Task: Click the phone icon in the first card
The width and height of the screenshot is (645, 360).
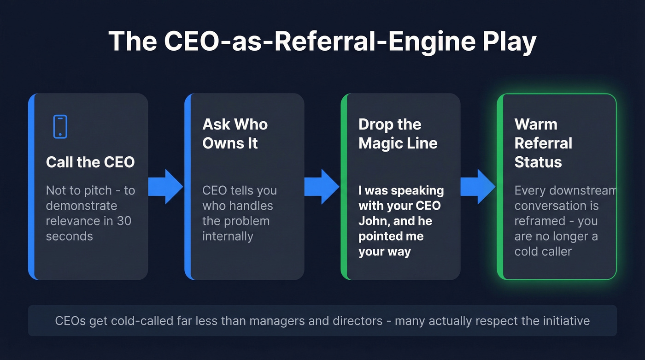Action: [60, 127]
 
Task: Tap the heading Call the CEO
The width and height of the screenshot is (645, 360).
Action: [90, 162]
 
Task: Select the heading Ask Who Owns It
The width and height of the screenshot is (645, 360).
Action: [235, 134]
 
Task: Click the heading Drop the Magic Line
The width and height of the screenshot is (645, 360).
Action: [398, 134]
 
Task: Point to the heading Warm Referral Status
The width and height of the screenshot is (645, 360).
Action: [543, 143]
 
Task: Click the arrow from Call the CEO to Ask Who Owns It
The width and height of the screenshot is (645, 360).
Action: [166, 187]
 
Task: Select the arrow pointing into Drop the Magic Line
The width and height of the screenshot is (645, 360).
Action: [322, 187]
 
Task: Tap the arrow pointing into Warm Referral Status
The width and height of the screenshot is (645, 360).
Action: [478, 187]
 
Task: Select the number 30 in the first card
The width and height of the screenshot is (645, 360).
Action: [123, 221]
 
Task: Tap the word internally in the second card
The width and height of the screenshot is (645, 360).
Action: [228, 236]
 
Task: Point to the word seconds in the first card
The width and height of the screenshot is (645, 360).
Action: [69, 236]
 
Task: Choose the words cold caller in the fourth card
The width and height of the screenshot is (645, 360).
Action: [543, 251]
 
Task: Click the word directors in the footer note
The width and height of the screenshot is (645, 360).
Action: [354, 320]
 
